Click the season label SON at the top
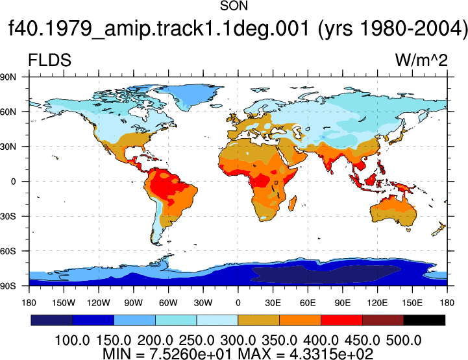click(234, 6)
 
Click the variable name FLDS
click(49, 60)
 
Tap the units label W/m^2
click(421, 60)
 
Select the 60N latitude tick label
click(8, 112)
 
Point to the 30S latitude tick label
click(8, 216)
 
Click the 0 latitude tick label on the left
click(13, 182)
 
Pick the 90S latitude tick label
click(8, 286)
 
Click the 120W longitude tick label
click(99, 303)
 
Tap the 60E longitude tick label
click(308, 303)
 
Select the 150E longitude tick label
click(412, 303)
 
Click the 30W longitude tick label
click(203, 303)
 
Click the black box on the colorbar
click(424, 320)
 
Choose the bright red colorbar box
click(341, 320)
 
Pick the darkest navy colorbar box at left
click(52, 320)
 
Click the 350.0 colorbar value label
click(279, 341)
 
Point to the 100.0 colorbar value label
click(72, 341)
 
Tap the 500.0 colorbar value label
click(404, 341)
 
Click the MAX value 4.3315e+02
click(331, 354)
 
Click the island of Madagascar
click(293, 203)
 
